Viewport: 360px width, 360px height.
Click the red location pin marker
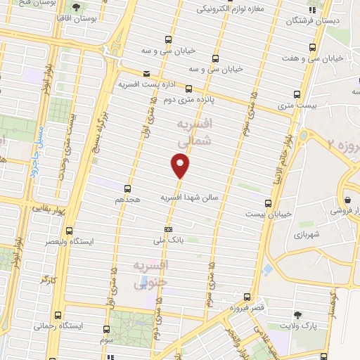coord(181,166)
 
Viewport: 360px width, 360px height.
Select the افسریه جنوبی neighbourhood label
coord(150,274)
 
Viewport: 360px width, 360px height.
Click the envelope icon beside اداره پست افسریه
coord(146,73)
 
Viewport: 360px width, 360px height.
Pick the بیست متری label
coord(295,104)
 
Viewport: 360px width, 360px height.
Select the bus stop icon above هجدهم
coord(127,188)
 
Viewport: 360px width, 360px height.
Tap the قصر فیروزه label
coord(246,308)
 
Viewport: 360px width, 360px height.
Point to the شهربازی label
coord(307,234)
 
